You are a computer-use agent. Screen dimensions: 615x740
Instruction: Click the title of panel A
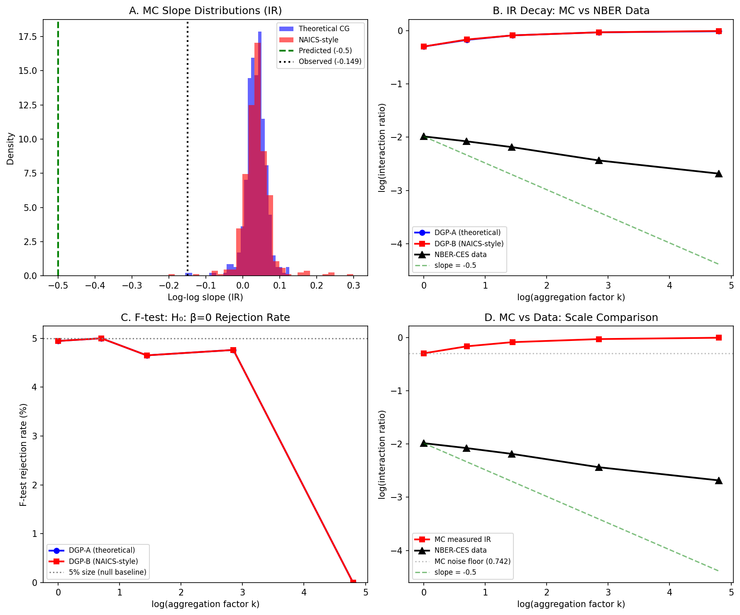point(205,11)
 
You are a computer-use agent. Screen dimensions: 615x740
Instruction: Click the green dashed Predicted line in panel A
point(58,166)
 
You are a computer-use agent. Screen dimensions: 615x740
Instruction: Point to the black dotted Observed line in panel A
point(188,166)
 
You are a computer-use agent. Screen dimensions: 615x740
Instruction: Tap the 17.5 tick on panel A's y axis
point(28,37)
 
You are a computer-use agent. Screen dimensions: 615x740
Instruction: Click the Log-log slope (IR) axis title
point(205,297)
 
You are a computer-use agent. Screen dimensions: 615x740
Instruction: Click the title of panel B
point(571,11)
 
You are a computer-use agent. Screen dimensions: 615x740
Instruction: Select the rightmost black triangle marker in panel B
point(718,174)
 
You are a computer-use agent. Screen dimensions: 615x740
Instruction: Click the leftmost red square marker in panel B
point(424,47)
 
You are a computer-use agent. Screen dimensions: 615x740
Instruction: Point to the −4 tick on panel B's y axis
point(396,244)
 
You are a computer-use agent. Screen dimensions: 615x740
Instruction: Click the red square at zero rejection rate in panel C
point(353,582)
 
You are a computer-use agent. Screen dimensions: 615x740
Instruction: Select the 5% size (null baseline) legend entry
point(107,572)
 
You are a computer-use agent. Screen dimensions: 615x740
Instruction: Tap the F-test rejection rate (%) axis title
point(24,455)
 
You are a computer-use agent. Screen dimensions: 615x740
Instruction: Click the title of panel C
point(205,318)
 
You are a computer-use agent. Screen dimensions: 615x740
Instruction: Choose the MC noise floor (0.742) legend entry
point(472,561)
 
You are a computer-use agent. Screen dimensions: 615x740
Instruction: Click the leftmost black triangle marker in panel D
point(424,443)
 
